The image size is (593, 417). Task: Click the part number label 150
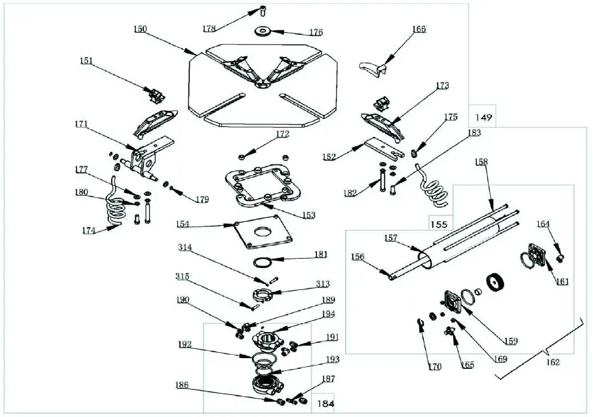[x=140, y=29]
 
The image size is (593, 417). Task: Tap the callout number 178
[x=210, y=28]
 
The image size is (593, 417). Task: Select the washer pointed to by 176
[x=262, y=31]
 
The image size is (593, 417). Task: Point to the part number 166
[x=419, y=29]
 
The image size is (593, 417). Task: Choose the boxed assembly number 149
[x=484, y=118]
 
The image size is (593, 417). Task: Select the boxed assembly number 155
[x=437, y=225]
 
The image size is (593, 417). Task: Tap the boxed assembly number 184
[x=325, y=404]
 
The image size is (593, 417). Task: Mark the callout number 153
[x=308, y=215]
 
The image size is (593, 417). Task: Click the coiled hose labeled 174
[x=117, y=213]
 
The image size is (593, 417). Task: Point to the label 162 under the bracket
[x=552, y=362]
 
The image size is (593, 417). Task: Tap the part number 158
[x=482, y=162]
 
